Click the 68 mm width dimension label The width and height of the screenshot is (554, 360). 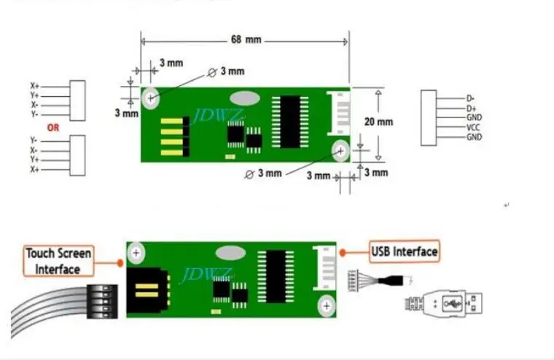(x=246, y=39)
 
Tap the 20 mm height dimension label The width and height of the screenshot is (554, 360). (x=378, y=122)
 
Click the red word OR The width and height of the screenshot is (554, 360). (x=53, y=127)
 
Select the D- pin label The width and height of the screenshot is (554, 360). (x=471, y=98)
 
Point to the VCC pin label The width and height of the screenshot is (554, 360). (x=473, y=127)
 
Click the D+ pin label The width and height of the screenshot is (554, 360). (x=472, y=108)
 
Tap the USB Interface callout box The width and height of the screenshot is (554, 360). (x=405, y=252)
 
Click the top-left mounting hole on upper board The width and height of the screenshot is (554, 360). (x=152, y=97)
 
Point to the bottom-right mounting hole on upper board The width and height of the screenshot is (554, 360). (x=340, y=151)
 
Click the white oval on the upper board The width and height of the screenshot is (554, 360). (x=243, y=98)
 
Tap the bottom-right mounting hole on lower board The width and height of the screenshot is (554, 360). (x=327, y=305)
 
